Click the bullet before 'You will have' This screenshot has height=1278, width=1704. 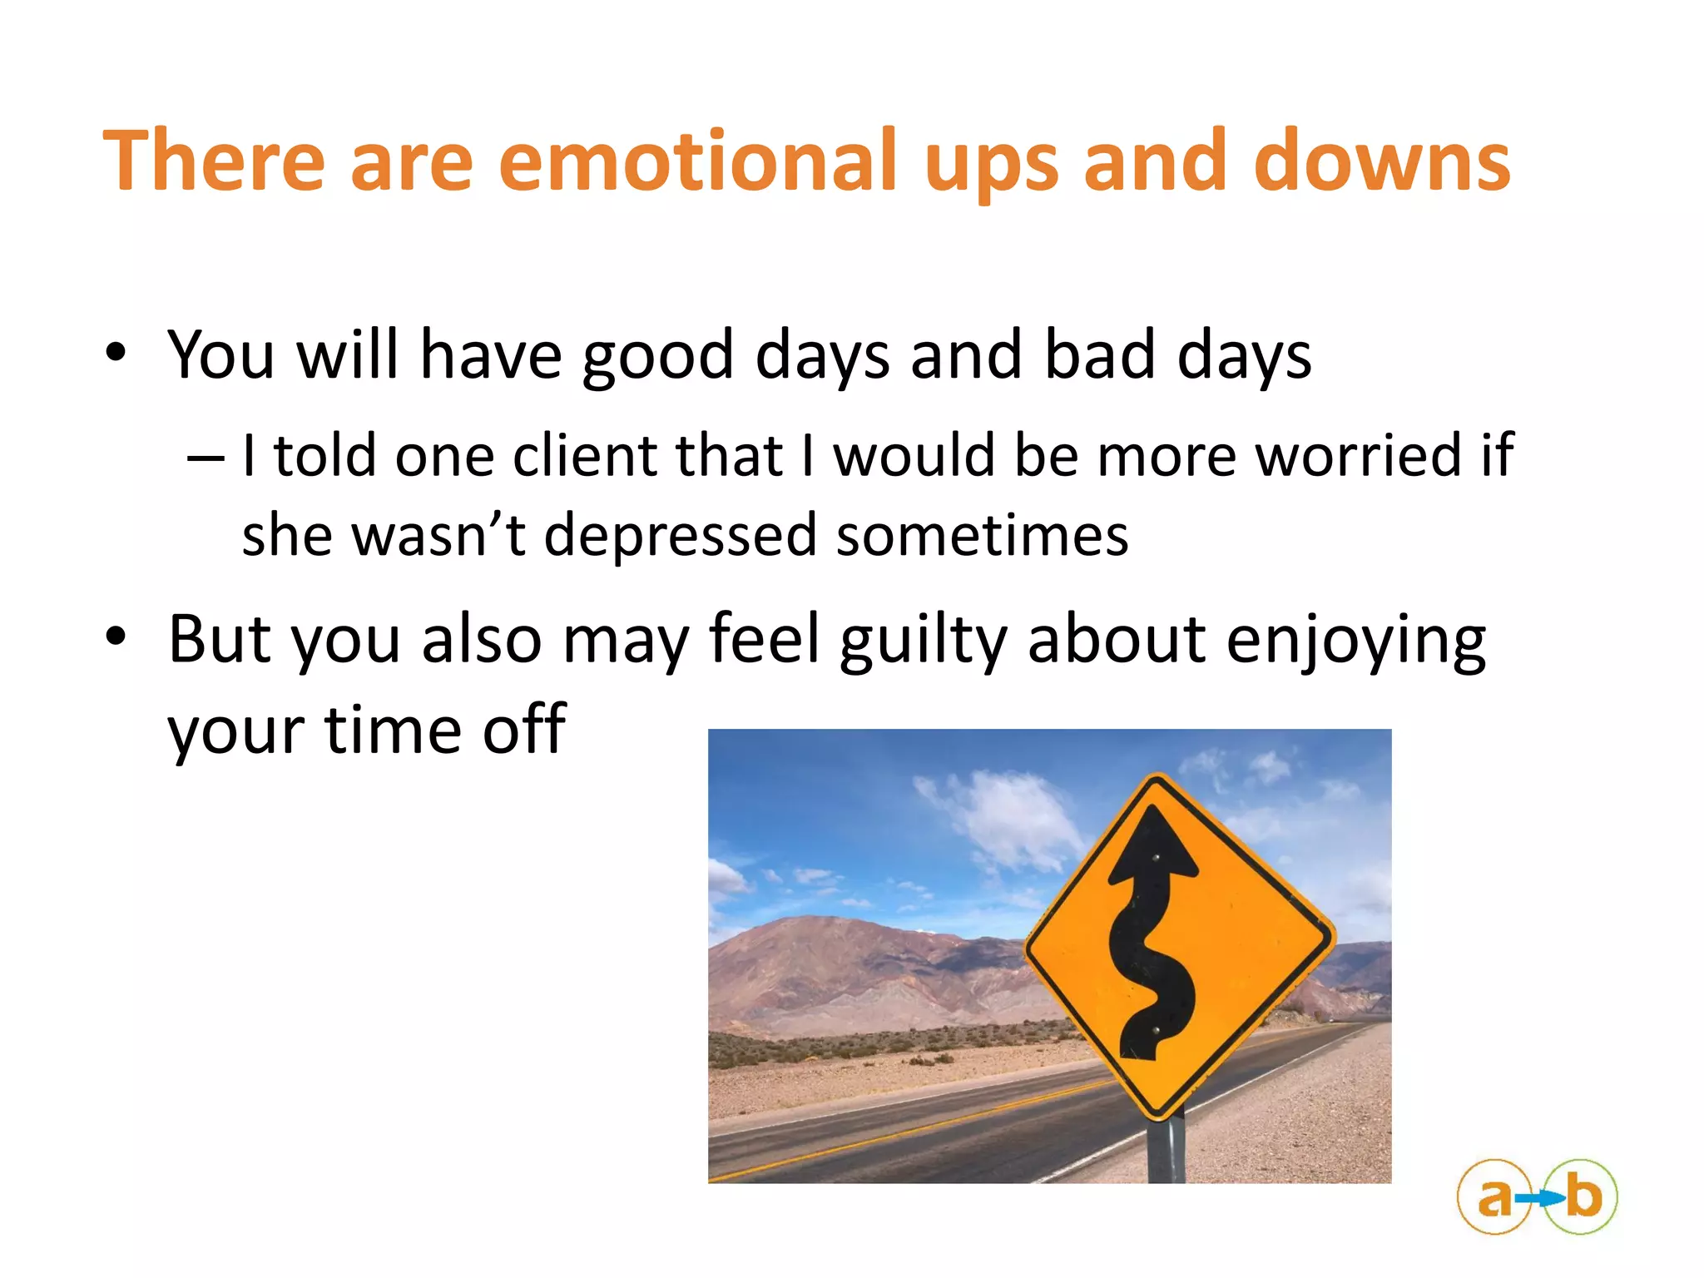[x=116, y=353]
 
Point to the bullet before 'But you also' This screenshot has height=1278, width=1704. [x=116, y=637]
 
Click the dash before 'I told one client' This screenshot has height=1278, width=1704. [x=205, y=458]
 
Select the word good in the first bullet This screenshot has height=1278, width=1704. [x=657, y=356]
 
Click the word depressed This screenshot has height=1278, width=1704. [x=680, y=535]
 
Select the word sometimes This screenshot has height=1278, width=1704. [x=982, y=535]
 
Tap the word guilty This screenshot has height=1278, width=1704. [x=924, y=641]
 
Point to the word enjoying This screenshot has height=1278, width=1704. [x=1356, y=641]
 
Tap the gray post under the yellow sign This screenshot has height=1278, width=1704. [x=1166, y=1152]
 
